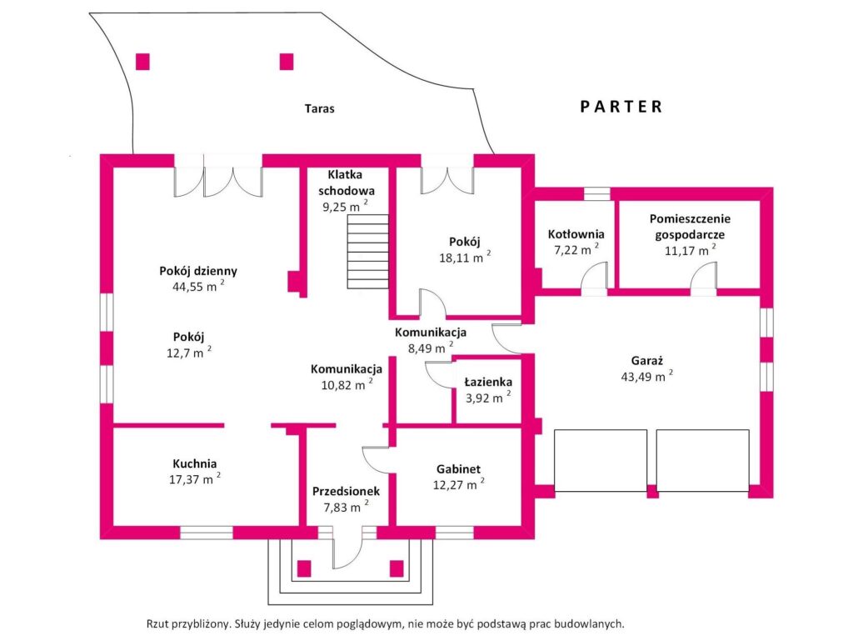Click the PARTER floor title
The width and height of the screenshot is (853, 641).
pyautogui.click(x=621, y=107)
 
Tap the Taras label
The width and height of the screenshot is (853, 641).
pyautogui.click(x=319, y=109)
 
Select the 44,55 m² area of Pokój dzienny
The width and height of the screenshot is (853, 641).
pyautogui.click(x=198, y=286)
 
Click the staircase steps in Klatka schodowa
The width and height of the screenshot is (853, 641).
pyautogui.click(x=368, y=252)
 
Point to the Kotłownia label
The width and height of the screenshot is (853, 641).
pyautogui.click(x=576, y=234)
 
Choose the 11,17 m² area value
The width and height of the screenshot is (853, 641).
pyautogui.click(x=690, y=250)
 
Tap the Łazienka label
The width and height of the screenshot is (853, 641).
pyautogui.click(x=488, y=383)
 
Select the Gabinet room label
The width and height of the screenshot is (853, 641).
pyautogui.click(x=459, y=469)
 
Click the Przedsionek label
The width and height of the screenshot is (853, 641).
pyautogui.click(x=346, y=491)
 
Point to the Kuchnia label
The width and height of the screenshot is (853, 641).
pyautogui.click(x=195, y=464)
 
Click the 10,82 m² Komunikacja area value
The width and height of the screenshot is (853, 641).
pyautogui.click(x=347, y=385)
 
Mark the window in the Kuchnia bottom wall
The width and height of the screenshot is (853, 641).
pyautogui.click(x=207, y=533)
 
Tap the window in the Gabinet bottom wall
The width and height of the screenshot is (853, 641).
pyautogui.click(x=455, y=533)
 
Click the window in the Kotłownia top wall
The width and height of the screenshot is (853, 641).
pyautogui.click(x=597, y=194)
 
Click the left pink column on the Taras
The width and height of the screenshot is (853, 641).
pyautogui.click(x=142, y=62)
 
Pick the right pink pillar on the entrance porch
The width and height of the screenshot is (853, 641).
pyautogui.click(x=397, y=568)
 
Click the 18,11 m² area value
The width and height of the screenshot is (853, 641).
pyautogui.click(x=465, y=258)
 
